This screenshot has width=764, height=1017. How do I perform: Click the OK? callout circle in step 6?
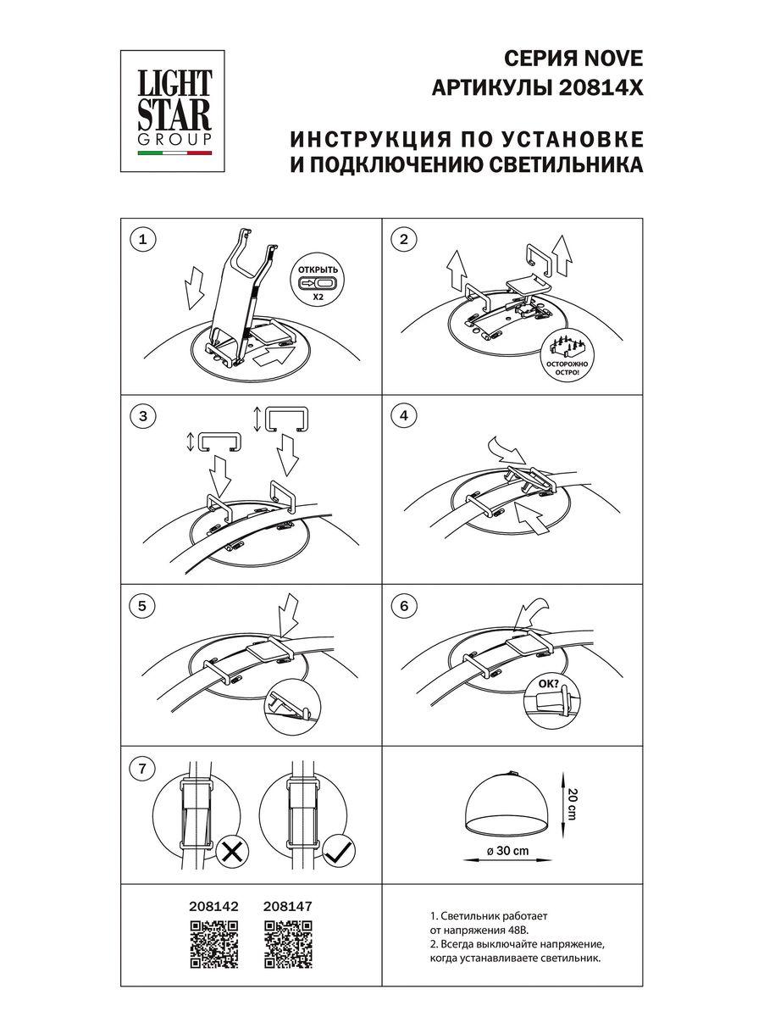coord(551,701)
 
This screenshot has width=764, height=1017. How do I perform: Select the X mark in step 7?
coord(230,851)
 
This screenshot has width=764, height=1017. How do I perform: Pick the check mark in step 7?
coord(339,851)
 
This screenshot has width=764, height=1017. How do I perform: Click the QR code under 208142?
coord(210,943)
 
